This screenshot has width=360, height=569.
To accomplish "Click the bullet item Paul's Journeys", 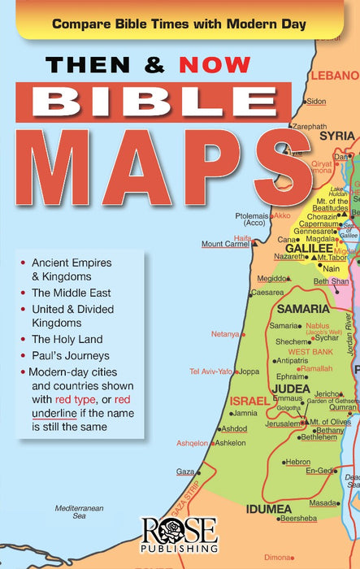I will point(70,355).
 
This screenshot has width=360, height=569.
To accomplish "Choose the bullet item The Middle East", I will point(72,292).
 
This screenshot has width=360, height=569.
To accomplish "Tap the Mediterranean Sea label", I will point(80,511).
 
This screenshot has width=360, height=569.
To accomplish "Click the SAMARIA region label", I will point(302,309).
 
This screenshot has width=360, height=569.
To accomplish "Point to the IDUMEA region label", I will point(268,510).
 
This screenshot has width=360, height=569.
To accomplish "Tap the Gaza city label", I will point(185,471).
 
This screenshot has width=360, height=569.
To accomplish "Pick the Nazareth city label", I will point(290,255).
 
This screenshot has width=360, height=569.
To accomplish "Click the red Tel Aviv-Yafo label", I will point(210,371).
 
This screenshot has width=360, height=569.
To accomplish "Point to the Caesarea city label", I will point(267,292).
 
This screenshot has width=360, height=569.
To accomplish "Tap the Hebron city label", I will point(297,462).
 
